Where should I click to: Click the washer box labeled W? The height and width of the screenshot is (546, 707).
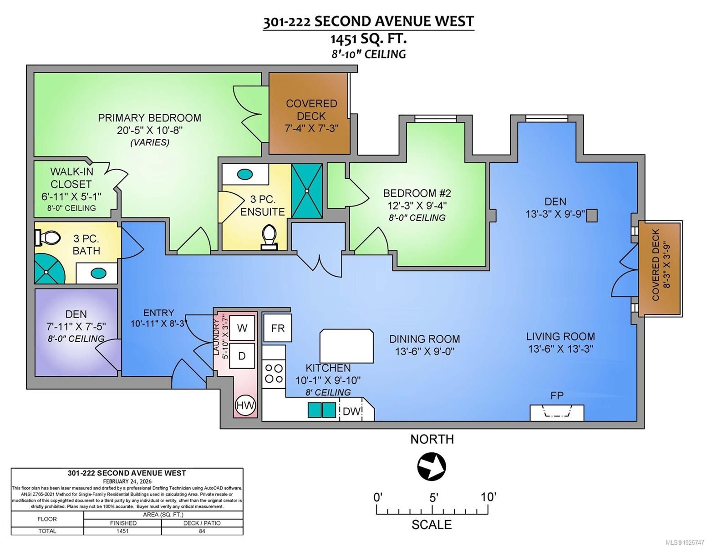[242, 328]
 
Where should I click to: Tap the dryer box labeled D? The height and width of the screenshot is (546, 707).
[242, 356]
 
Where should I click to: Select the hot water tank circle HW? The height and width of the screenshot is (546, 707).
[245, 405]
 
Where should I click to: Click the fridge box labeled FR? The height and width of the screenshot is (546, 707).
[277, 328]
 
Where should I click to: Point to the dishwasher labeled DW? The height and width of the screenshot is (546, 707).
[352, 411]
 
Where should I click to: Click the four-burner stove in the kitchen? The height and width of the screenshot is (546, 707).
[274, 373]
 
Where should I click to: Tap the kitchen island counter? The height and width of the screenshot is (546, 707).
[346, 346]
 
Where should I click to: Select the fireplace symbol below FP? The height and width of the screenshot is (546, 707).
[557, 413]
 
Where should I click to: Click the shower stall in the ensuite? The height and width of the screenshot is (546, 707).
[307, 191]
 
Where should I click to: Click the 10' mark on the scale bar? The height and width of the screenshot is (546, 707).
[488, 497]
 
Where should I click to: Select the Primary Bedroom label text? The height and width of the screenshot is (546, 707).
[149, 118]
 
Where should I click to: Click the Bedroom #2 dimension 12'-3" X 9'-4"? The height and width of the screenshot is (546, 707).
[417, 205]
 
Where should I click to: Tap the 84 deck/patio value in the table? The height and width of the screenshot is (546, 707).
[202, 531]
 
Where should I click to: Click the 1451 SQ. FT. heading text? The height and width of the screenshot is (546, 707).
[368, 39]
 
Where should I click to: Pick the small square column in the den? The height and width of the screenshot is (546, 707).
[591, 215]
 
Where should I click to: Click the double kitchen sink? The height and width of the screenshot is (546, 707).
[322, 409]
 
